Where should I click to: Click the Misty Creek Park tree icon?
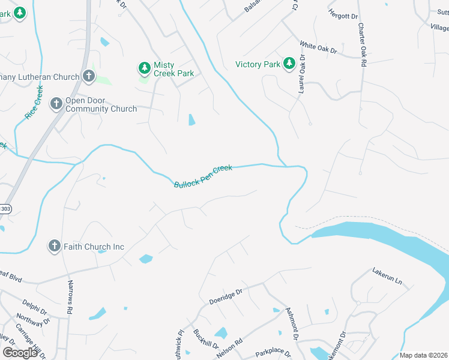point(144,67)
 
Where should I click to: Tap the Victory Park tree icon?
point(289,63)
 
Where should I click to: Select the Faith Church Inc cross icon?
point(54,245)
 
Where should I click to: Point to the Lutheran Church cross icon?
point(88,76)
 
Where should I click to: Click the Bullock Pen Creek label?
point(203,176)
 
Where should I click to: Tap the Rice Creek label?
point(34,103)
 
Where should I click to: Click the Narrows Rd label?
point(70,298)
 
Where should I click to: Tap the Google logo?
point(20,352)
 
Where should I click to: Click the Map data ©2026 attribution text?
point(423,355)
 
